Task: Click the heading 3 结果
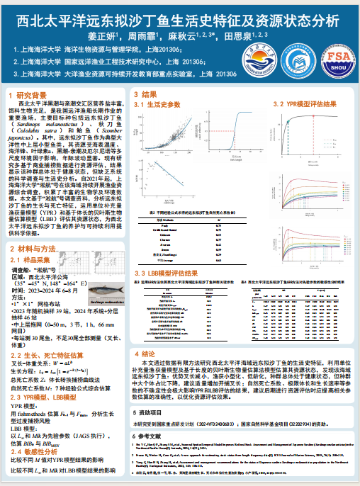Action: click(148, 94)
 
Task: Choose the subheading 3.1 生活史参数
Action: click(159, 104)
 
